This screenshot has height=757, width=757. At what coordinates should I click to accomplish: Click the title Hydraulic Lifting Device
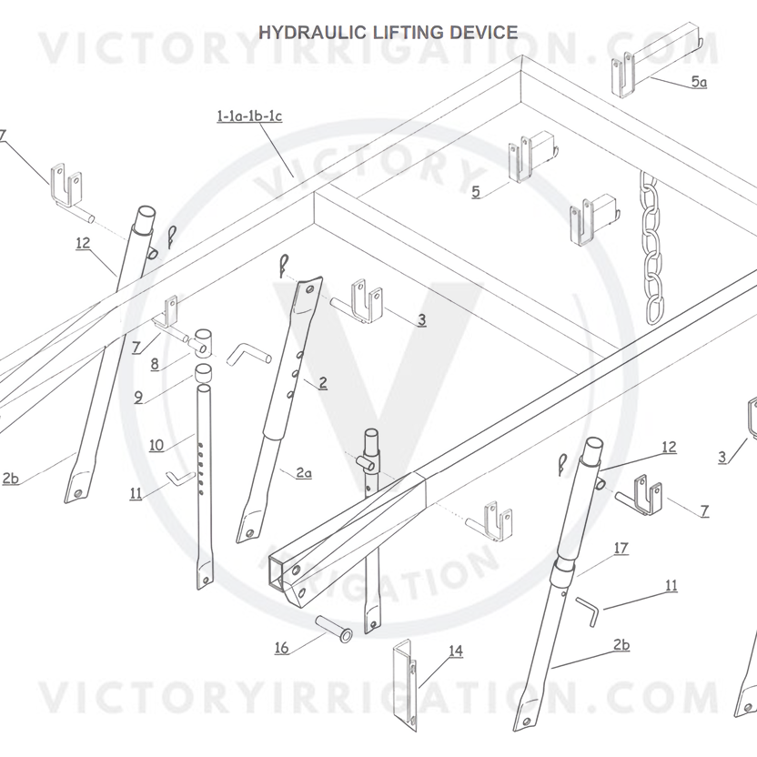coord(389,33)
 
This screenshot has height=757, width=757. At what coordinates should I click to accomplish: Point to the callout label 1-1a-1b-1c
coord(249,116)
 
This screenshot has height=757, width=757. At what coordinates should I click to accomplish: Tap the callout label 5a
coord(698,82)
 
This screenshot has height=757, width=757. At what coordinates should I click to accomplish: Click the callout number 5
coord(475,191)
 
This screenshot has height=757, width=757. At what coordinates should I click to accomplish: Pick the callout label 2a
coord(303,472)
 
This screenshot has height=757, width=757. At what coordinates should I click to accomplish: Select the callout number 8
coord(155,364)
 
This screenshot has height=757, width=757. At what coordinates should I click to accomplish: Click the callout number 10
coord(156,445)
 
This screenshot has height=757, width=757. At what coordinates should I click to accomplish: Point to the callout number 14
coord(455,651)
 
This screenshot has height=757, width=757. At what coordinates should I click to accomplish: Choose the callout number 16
coord(282,648)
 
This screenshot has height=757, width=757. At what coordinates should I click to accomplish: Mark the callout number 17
coord(621,549)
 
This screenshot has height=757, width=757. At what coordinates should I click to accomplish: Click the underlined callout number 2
coord(323,383)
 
